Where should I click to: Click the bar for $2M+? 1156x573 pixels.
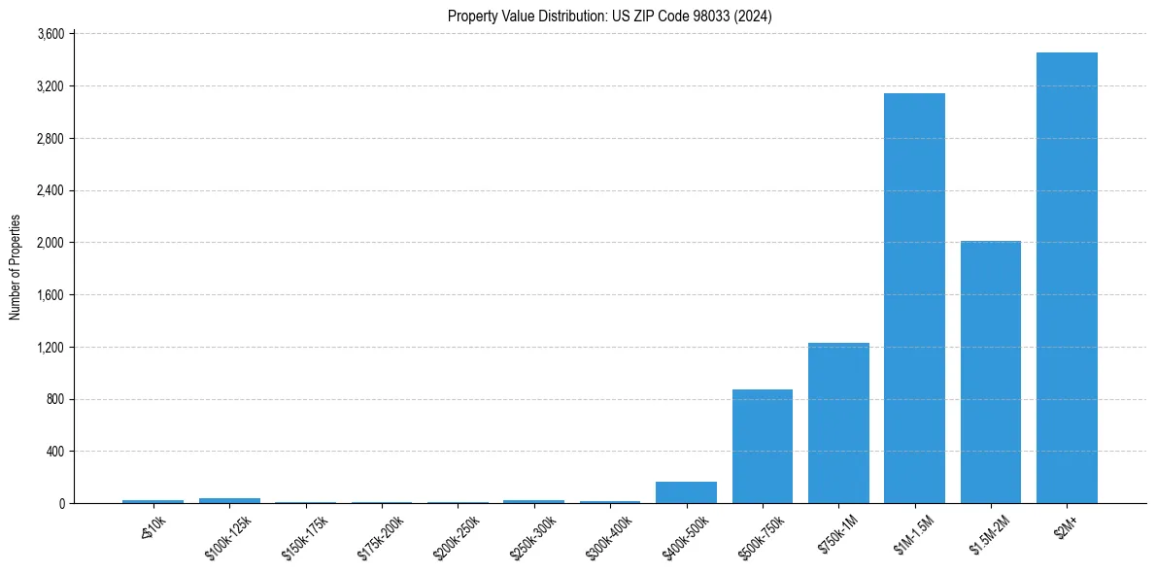(x=1067, y=278)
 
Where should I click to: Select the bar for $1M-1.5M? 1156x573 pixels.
(x=914, y=298)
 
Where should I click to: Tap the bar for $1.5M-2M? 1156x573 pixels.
(x=990, y=372)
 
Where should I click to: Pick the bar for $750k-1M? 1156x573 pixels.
(x=838, y=422)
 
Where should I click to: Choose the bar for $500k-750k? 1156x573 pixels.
(x=763, y=446)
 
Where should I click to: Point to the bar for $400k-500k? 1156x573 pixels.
(x=686, y=492)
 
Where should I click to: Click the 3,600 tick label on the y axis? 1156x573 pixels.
(x=50, y=34)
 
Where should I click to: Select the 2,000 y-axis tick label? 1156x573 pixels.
(x=50, y=243)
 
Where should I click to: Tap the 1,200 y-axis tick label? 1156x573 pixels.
(x=50, y=347)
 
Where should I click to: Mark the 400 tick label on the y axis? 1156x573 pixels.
(x=54, y=452)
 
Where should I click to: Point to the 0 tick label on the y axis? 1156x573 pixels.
(x=60, y=504)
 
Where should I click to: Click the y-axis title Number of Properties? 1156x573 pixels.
(x=15, y=267)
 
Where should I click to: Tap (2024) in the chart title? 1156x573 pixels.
(x=754, y=17)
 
